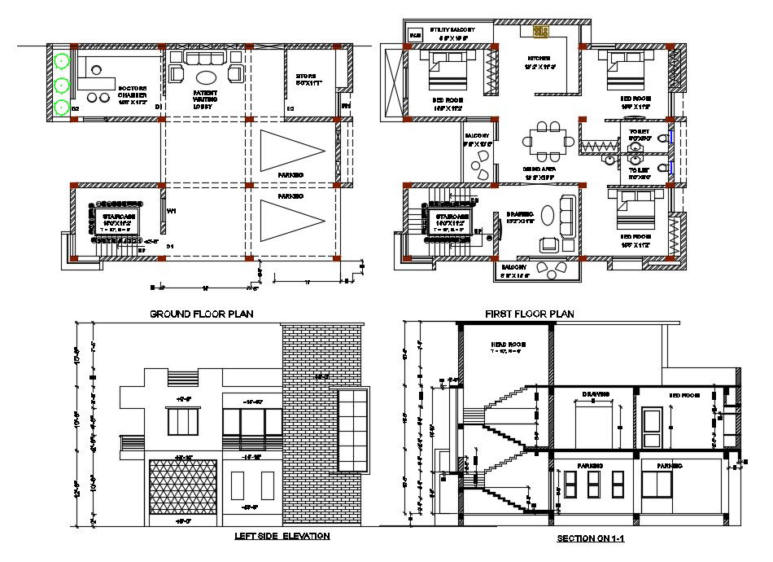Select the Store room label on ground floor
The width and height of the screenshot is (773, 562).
(310, 80)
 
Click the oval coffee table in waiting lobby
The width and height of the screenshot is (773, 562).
(206, 77)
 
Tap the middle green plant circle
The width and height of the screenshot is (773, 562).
(60, 84)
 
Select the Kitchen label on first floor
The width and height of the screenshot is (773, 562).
(540, 63)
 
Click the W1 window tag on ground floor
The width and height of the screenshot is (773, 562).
(171, 211)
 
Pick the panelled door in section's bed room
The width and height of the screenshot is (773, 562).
(652, 428)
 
